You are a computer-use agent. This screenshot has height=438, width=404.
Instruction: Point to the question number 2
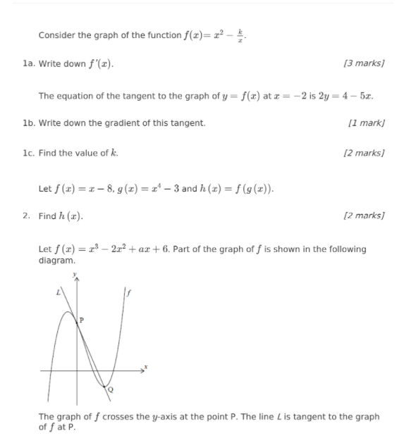(26, 216)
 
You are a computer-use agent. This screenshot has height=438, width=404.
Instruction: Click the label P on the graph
(81, 320)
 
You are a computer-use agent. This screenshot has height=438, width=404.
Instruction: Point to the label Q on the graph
(111, 389)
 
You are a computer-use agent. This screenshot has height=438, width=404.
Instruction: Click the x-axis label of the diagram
(147, 367)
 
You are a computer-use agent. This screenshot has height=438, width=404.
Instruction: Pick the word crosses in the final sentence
(119, 417)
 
